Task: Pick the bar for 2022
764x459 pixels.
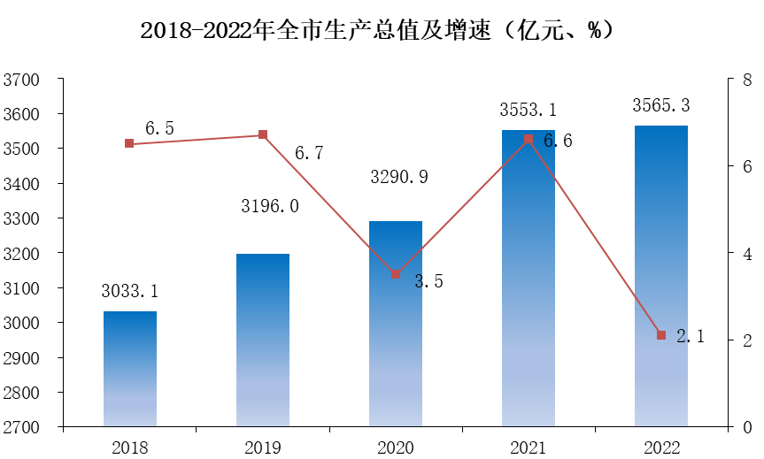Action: click(x=660, y=283)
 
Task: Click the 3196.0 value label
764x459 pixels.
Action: click(x=270, y=206)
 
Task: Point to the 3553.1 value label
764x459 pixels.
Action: click(x=528, y=111)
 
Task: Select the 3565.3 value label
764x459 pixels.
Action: click(x=661, y=105)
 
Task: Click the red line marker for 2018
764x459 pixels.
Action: click(x=129, y=143)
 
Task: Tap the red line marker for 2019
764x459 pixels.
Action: click(x=263, y=135)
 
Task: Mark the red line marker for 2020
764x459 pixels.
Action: click(x=396, y=274)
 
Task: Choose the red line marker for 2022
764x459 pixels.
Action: click(x=661, y=335)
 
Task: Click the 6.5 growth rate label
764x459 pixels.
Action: click(x=159, y=129)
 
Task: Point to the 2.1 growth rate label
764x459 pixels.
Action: click(x=691, y=337)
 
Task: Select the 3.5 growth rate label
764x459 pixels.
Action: click(x=428, y=282)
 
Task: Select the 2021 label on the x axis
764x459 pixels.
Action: click(x=528, y=448)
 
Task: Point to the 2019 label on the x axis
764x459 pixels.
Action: click(x=263, y=448)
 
